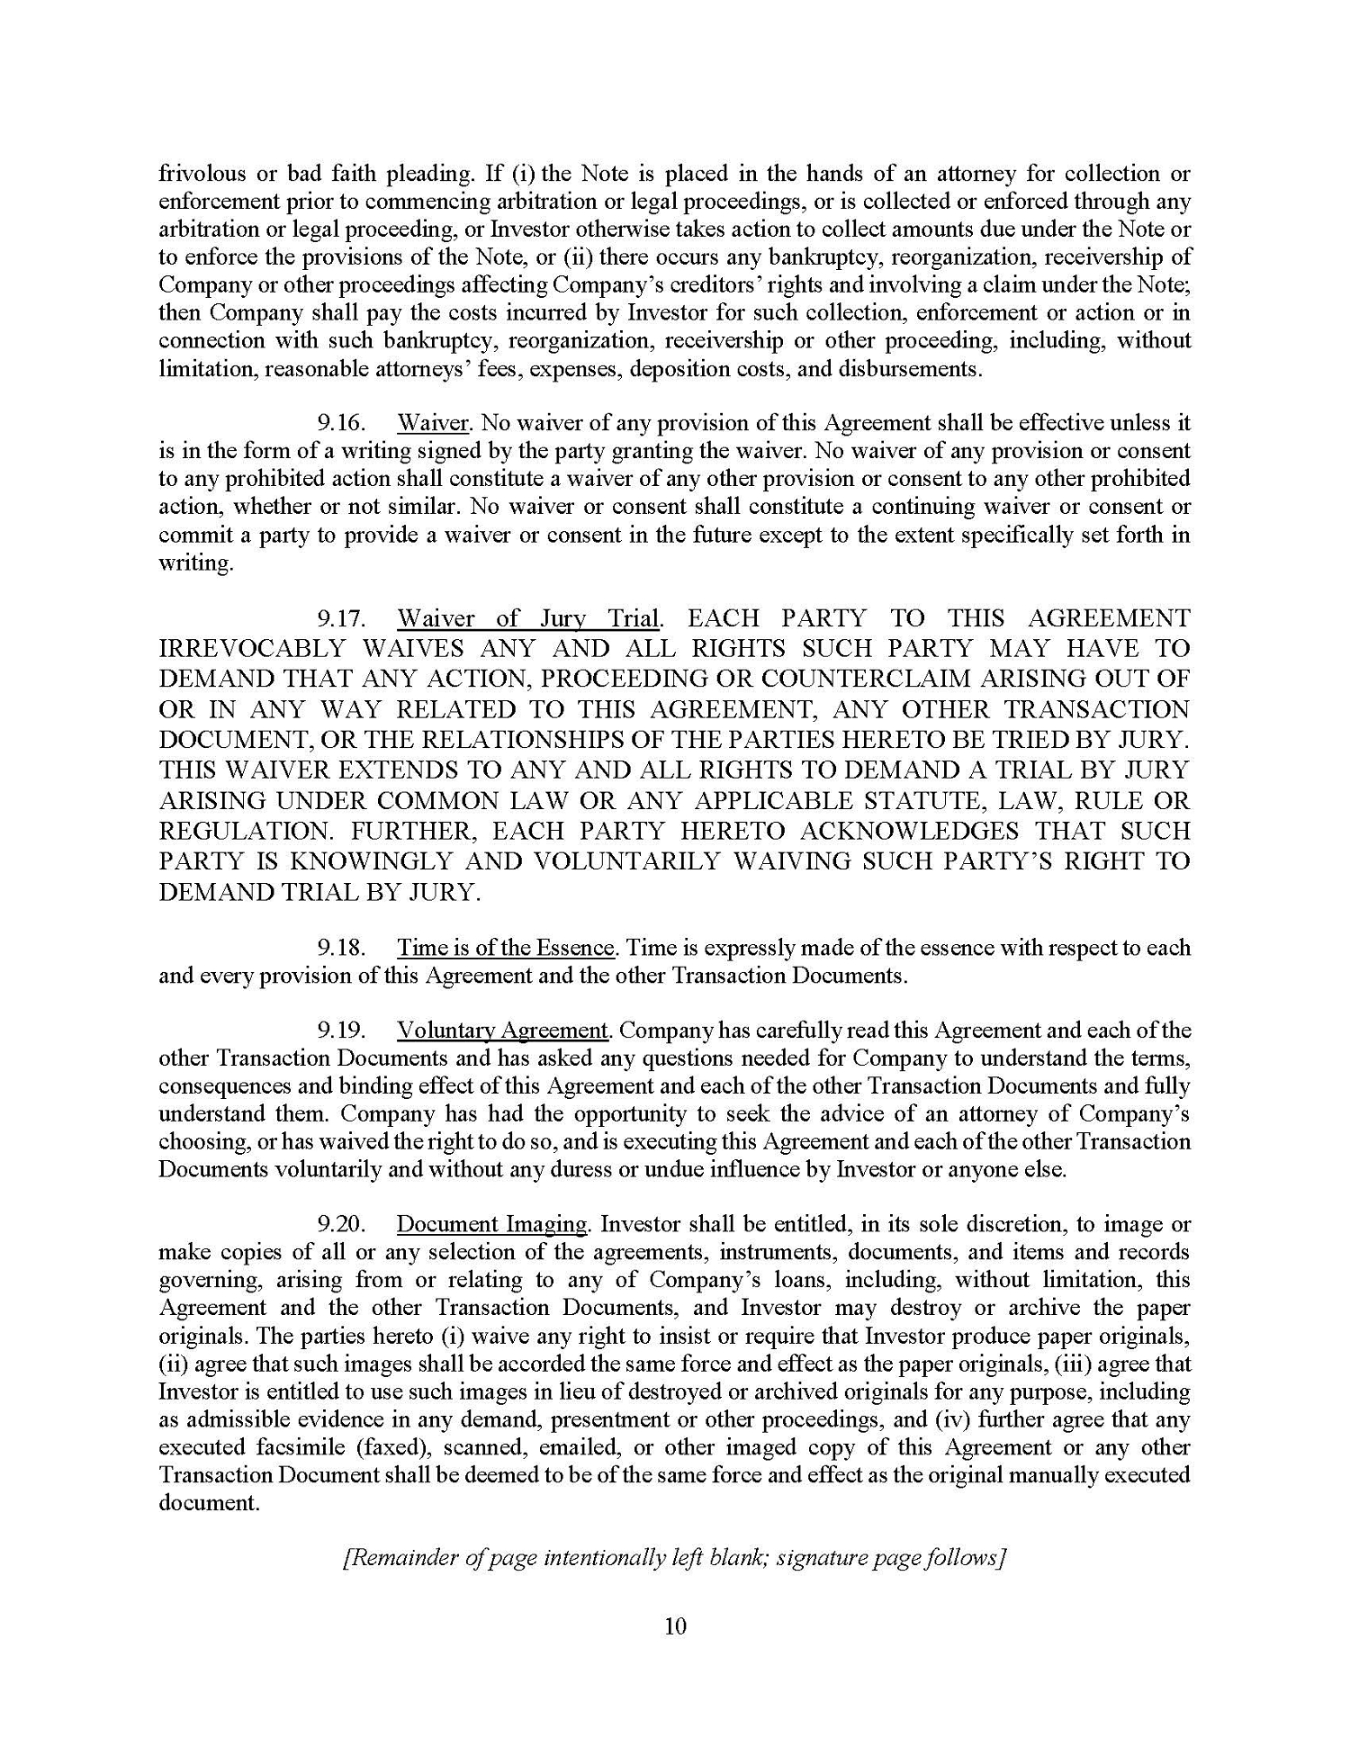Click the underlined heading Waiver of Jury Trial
pyautogui.click(x=529, y=619)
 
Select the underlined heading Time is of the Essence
pyautogui.click(x=507, y=948)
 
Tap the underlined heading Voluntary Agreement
pyautogui.click(x=503, y=1031)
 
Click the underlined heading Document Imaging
pyautogui.click(x=491, y=1225)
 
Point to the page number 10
pyautogui.click(x=675, y=1626)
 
